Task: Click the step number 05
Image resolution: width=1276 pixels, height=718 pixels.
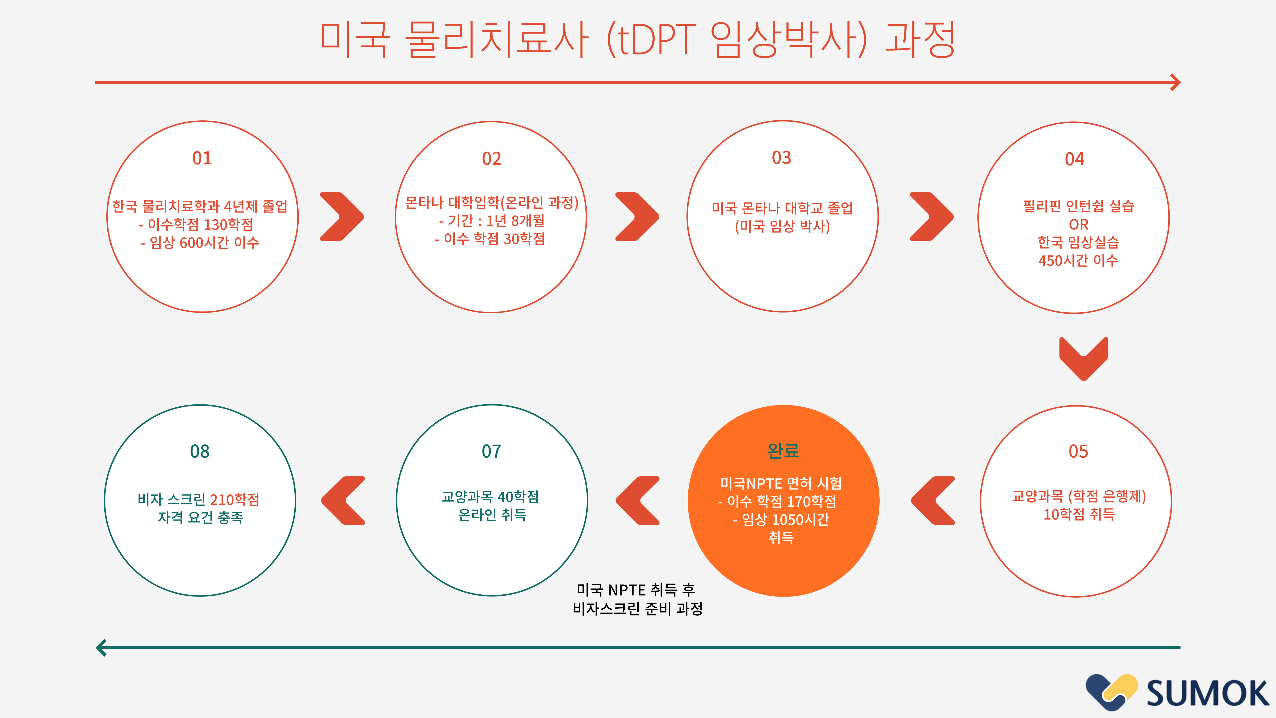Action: coord(1078,451)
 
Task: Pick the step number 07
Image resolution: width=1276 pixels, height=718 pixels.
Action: coord(491,451)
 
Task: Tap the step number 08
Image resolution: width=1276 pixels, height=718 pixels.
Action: coord(200,451)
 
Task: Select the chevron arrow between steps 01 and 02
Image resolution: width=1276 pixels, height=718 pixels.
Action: coord(342,217)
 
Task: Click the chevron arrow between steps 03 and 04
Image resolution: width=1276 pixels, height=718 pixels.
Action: coord(932,217)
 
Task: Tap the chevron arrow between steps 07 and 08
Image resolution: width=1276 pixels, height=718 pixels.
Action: coord(343,500)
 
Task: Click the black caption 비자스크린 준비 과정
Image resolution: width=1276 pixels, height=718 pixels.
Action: coord(638,608)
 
